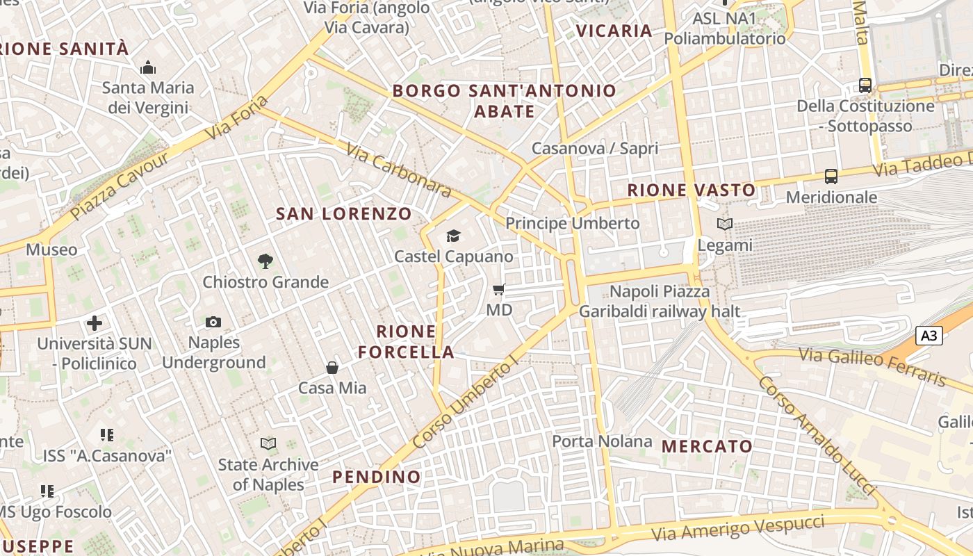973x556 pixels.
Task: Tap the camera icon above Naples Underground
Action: coord(213,322)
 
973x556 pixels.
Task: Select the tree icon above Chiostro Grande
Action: coord(265,261)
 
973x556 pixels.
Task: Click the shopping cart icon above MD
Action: coord(498,289)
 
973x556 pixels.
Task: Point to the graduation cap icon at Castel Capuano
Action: coord(454,236)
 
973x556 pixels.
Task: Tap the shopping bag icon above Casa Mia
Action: coord(332,368)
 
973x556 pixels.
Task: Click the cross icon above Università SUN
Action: coord(95,323)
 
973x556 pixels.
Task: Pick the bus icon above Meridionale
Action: coord(831,177)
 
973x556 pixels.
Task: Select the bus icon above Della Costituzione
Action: coord(865,85)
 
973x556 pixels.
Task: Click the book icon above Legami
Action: coord(725,224)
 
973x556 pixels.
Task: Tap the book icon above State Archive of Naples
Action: coord(268,443)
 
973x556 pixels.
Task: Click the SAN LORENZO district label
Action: coord(344,213)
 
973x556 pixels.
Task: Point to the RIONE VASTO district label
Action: coord(692,190)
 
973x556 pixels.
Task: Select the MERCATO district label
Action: coord(708,446)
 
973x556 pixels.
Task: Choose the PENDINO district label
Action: coord(377,477)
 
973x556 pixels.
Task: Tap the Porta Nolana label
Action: coord(603,441)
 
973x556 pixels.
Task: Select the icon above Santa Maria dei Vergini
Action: coord(148,68)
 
